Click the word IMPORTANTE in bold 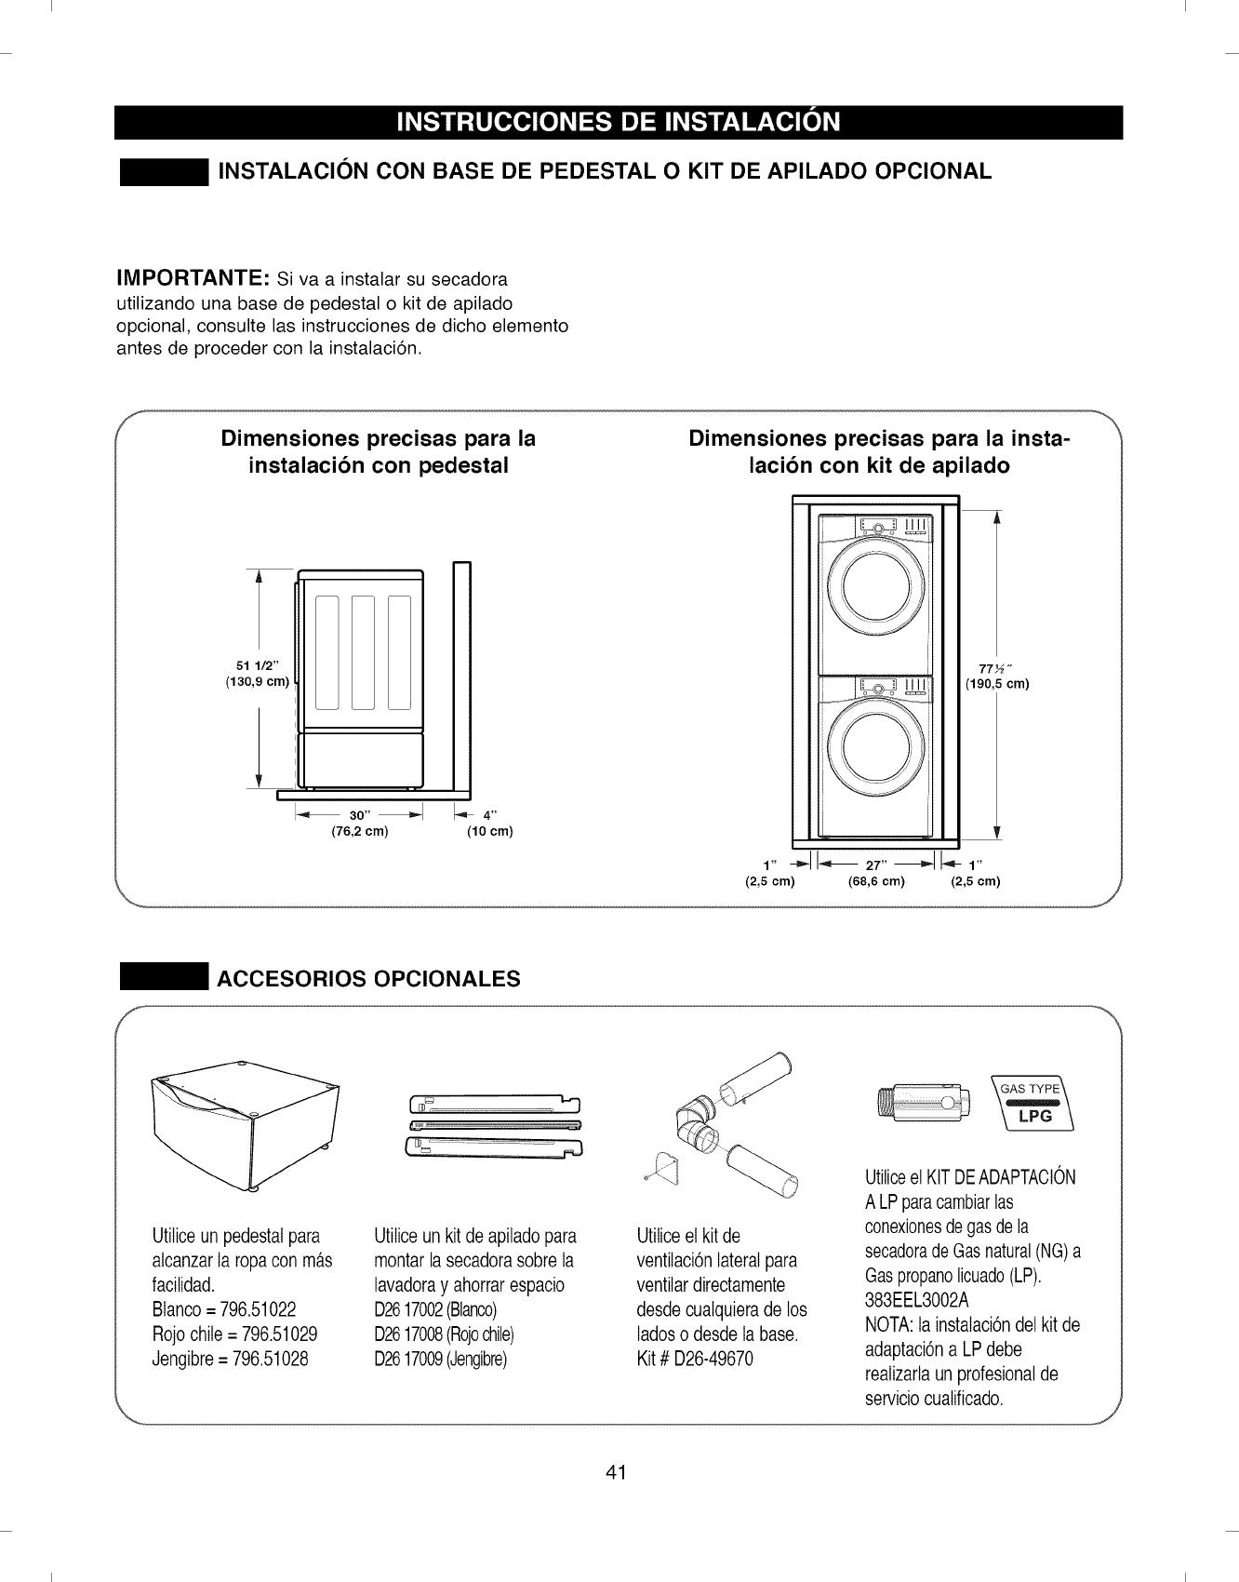click(193, 278)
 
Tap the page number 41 click(617, 1472)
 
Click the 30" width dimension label click(358, 815)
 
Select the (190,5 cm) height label click(997, 684)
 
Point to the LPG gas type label click(1034, 1116)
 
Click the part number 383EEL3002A click(916, 1299)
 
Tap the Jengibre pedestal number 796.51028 click(275, 1359)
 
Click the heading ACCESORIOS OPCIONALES click(368, 979)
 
